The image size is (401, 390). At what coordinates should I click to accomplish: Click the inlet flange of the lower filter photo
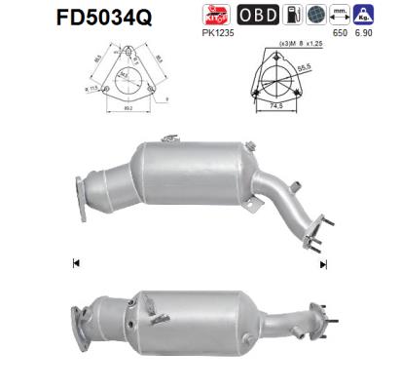84,322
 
